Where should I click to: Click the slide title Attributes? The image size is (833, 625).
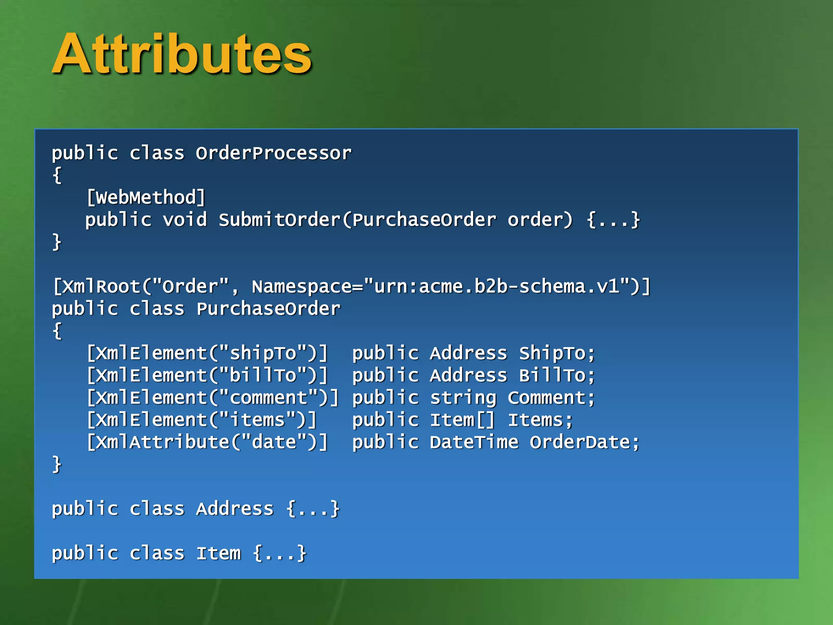tap(182, 54)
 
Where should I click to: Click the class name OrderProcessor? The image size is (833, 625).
tap(273, 153)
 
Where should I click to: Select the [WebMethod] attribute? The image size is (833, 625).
tap(146, 198)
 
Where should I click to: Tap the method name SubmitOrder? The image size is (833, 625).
tap(280, 220)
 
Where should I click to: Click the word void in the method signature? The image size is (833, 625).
tap(185, 220)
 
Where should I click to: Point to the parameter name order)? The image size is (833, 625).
tap(540, 220)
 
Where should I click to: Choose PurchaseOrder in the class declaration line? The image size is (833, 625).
tap(268, 309)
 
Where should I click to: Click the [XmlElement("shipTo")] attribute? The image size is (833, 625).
tap(207, 353)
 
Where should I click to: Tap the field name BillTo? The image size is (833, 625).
tap(557, 376)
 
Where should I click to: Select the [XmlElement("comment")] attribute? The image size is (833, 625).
tap(213, 398)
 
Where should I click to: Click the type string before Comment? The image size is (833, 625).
tap(463, 398)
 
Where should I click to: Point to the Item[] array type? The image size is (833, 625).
tap(462, 420)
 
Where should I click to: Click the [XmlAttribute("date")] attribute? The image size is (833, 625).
tap(207, 442)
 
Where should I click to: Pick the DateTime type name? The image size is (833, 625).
tap(474, 442)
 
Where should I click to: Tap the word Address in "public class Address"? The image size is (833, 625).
tap(235, 509)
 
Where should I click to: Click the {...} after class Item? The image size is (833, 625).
tap(279, 553)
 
